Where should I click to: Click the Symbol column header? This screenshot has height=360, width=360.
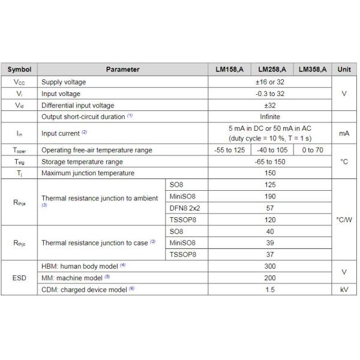(19, 69)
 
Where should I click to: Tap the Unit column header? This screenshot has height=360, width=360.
(344, 69)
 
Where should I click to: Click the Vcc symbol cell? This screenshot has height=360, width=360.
(19, 82)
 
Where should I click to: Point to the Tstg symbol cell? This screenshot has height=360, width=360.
(19, 161)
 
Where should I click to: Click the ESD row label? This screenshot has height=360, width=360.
(19, 277)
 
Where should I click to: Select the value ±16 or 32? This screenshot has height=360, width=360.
(270, 82)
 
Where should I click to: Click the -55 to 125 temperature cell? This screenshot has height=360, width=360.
(229, 150)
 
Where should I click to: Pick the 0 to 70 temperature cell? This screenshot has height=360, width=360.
(312, 150)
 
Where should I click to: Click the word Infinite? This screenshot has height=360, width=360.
(270, 116)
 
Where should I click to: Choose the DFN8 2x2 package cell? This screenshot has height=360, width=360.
(184, 208)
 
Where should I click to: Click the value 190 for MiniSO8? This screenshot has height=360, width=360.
(270, 196)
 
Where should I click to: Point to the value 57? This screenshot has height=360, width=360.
(270, 208)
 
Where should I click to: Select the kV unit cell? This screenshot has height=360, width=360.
(344, 289)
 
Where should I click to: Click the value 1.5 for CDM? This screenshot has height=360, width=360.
(270, 289)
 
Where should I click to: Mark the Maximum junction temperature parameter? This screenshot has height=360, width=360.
(88, 173)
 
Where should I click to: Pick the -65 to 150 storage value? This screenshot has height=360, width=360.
(270, 161)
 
